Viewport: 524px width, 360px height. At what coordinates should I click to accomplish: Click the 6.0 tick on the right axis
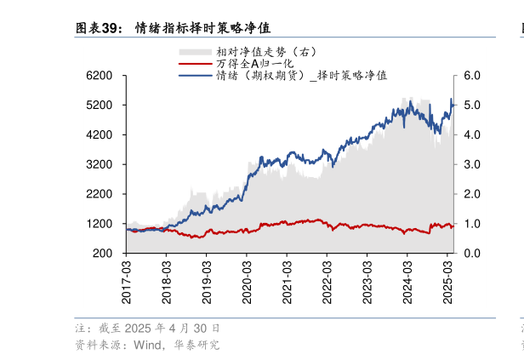click(x=472, y=76)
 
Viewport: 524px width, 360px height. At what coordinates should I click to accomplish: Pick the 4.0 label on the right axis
click(x=472, y=135)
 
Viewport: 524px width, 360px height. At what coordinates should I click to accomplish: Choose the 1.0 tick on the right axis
click(x=472, y=224)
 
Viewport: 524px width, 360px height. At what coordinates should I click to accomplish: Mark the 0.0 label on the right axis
click(x=472, y=254)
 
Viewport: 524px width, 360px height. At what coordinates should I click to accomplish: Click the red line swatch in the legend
click(x=195, y=64)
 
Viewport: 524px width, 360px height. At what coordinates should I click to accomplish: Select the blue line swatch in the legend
click(x=195, y=75)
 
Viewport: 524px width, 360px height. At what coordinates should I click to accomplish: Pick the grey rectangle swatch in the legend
click(x=195, y=52)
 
